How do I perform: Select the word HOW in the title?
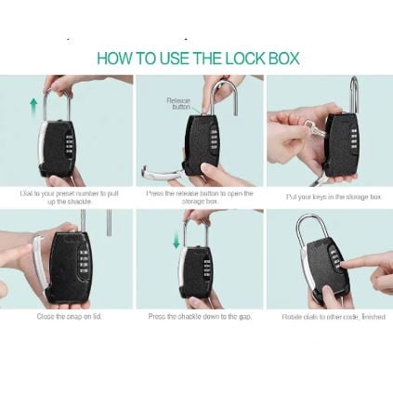tap(115, 59)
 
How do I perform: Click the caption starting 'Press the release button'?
tap(199, 196)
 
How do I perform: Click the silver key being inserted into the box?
tap(313, 131)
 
